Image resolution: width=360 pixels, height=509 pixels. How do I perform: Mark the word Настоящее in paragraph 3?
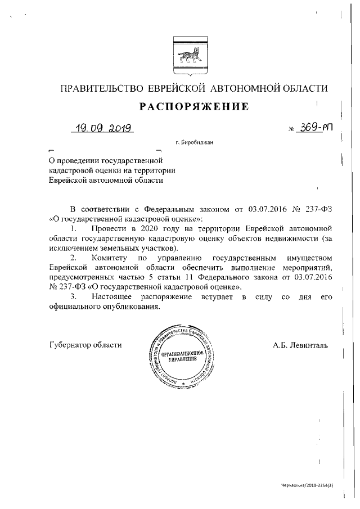click(111, 296)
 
